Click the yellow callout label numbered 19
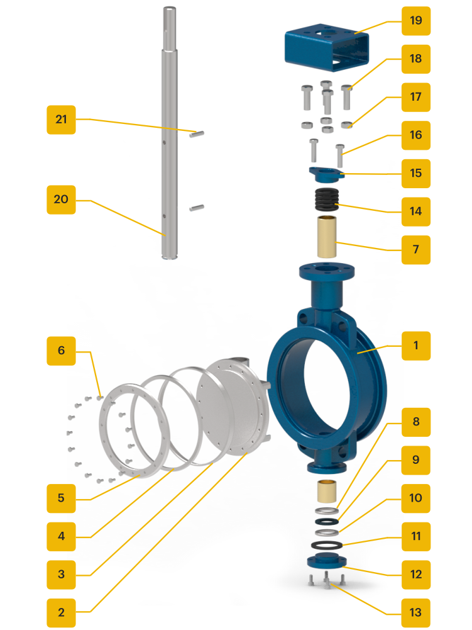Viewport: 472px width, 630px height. tap(415, 20)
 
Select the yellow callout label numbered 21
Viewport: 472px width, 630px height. tap(61, 119)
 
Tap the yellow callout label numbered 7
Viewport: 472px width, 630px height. tap(415, 249)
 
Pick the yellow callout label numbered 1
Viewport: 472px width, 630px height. tap(415, 346)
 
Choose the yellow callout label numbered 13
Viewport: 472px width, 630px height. tap(415, 612)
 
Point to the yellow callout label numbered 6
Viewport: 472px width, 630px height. tap(61, 350)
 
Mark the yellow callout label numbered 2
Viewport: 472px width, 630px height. tap(61, 612)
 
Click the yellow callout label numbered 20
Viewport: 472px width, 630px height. tap(61, 200)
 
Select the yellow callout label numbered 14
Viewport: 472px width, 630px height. tap(415, 211)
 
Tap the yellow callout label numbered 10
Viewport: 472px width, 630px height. tap(415, 498)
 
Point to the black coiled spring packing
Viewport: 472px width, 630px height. tap(326, 200)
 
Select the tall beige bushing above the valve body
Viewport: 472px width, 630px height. tap(326, 237)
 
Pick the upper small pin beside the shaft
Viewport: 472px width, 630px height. tap(196, 133)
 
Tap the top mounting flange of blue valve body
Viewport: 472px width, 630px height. tap(326, 271)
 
